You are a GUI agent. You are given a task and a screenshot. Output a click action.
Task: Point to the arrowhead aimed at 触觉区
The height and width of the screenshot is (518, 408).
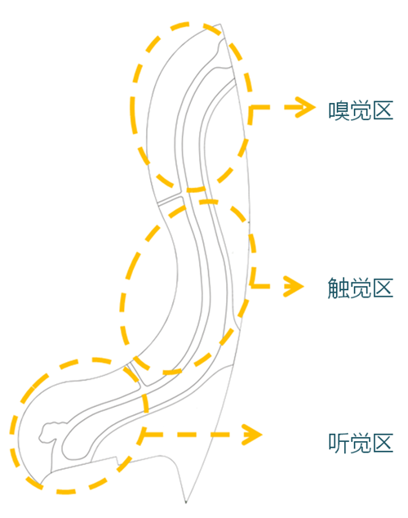click(x=291, y=285)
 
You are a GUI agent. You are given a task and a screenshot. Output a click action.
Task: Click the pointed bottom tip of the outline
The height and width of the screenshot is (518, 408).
click(x=187, y=500)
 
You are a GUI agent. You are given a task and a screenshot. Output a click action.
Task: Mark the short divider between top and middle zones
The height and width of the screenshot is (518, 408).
click(x=171, y=199)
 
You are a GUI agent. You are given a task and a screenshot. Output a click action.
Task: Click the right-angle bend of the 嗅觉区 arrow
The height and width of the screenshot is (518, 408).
click(x=251, y=106)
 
